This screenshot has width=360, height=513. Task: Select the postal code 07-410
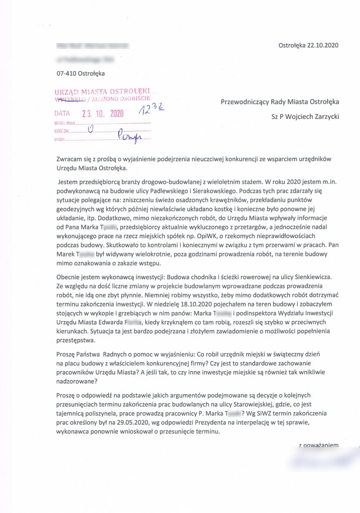pos(68,74)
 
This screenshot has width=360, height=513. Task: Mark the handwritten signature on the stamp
pos(129,134)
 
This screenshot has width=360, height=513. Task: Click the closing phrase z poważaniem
pos(319,445)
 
